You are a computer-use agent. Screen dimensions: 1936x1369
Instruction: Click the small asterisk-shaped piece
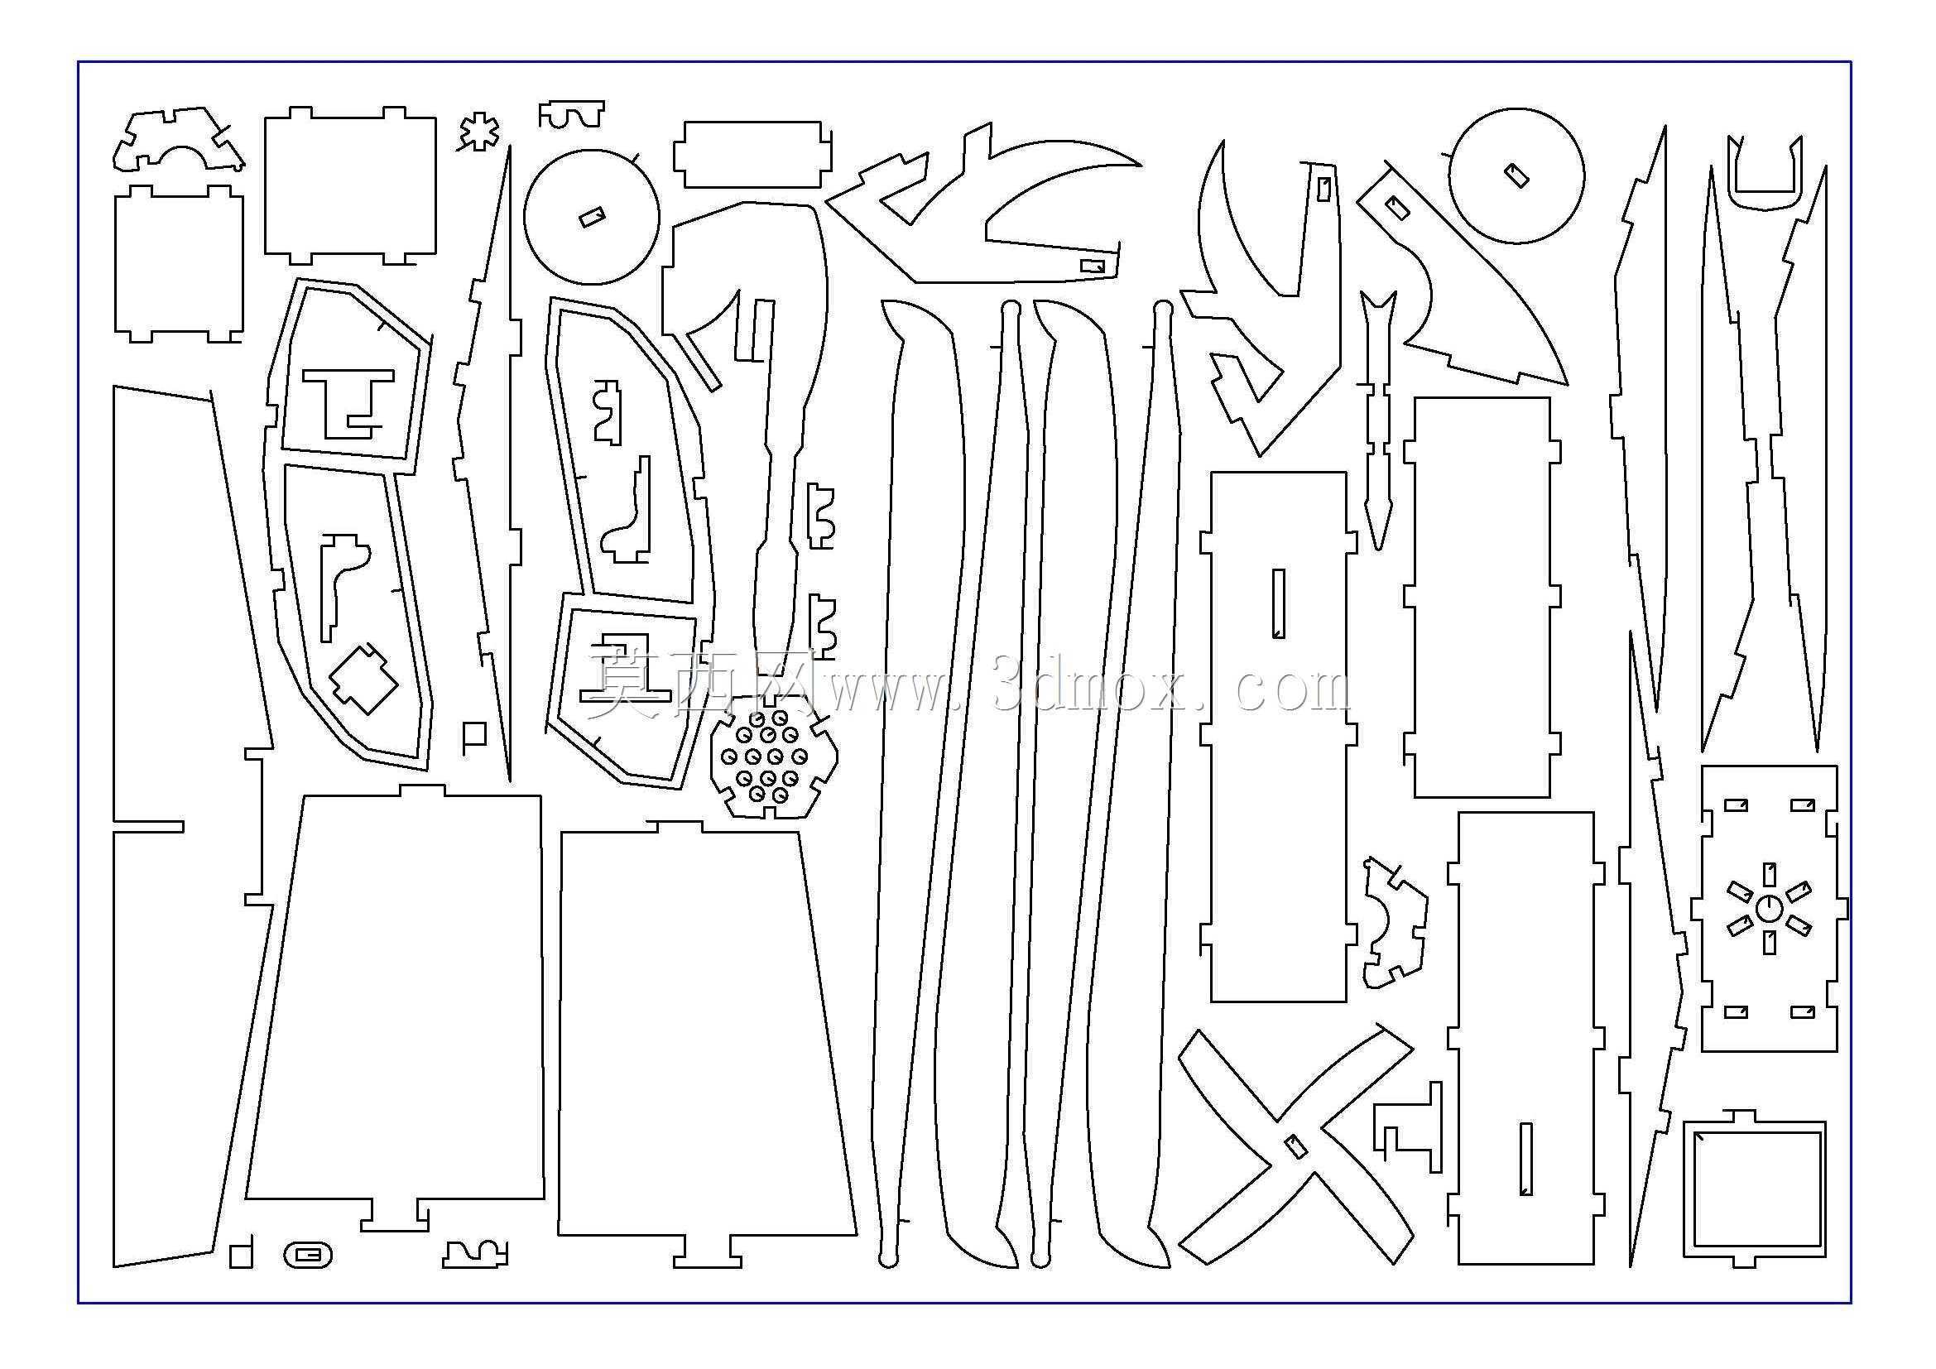(479, 132)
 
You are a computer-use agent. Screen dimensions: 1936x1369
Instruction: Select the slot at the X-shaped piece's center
(1295, 1145)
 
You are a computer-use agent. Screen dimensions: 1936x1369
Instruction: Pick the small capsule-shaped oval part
(309, 1256)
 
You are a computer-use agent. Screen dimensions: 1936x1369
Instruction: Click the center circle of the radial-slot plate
(1769, 909)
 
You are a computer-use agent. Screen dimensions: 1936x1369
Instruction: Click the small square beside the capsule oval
(241, 1253)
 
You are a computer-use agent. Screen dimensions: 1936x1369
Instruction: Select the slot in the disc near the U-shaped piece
(1517, 175)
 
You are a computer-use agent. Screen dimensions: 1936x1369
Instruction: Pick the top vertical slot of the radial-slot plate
(1770, 874)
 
